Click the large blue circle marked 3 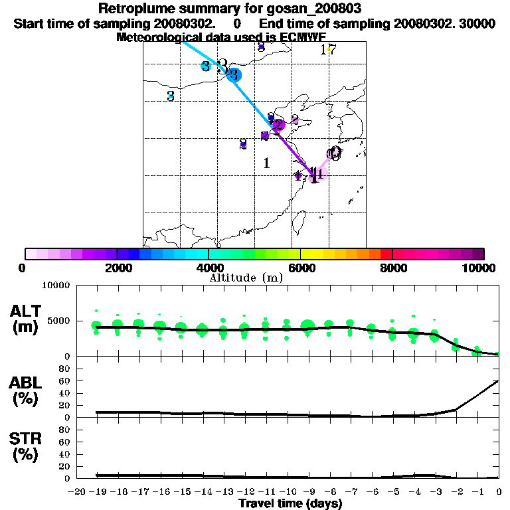click(x=234, y=74)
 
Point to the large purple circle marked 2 click(x=278, y=124)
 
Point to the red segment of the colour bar click(x=386, y=254)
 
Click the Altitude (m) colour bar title click(x=246, y=278)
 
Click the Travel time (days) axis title click(x=290, y=503)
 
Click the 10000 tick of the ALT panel click(x=57, y=286)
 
